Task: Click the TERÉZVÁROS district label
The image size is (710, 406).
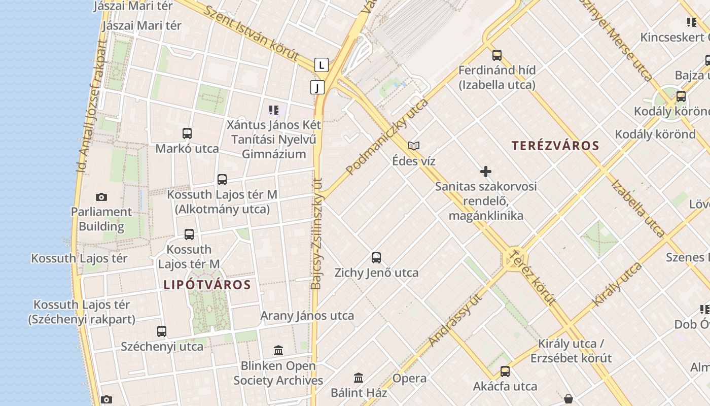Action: [555, 146]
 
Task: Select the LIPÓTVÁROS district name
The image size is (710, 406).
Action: [207, 285]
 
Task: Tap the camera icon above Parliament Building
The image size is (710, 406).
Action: [101, 197]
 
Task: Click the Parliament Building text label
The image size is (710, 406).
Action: [101, 219]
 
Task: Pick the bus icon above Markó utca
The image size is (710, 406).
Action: [187, 133]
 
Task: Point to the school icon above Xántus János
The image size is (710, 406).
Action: [274, 110]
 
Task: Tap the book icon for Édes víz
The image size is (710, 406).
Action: [414, 146]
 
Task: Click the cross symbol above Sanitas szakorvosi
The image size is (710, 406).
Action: [486, 172]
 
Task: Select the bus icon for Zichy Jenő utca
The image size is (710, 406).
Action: [376, 257]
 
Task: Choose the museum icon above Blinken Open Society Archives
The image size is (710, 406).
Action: [278, 350]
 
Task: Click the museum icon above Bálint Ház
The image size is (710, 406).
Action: [359, 378]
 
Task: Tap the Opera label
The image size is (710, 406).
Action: [409, 378]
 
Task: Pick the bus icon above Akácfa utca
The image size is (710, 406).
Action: [505, 371]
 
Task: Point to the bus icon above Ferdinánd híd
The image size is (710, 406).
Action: [497, 55]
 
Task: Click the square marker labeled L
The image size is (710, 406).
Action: [322, 65]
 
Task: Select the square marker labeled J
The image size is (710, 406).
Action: [317, 87]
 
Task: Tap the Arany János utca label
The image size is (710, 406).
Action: [307, 316]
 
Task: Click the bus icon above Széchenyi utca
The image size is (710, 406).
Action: [162, 331]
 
